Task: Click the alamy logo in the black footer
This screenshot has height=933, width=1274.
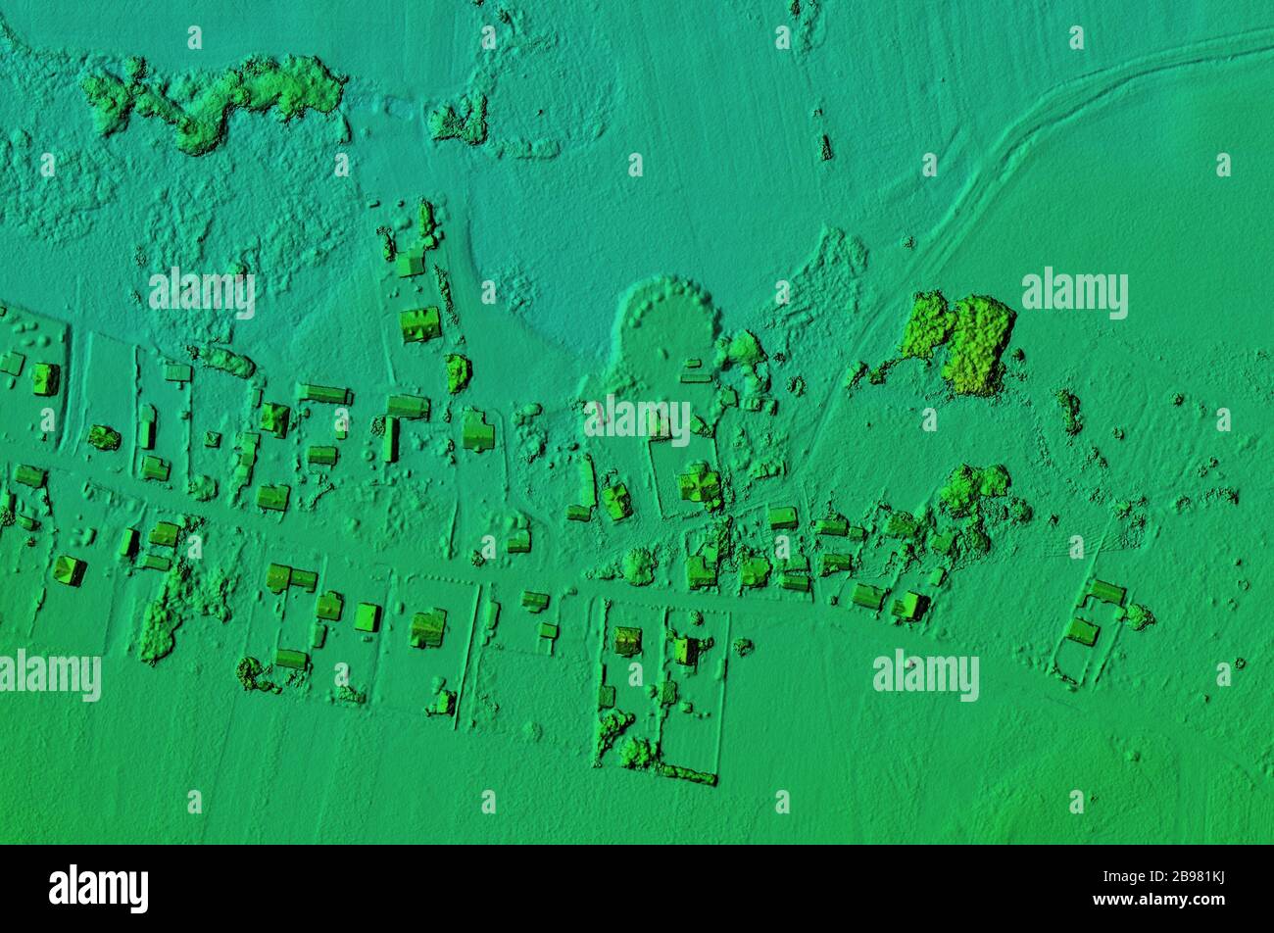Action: [x=98, y=888]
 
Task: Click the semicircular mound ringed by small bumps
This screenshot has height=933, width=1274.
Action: [x=664, y=323]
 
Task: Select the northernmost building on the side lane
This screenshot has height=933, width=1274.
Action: [x=410, y=264]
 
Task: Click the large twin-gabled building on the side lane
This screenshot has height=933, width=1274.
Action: [x=420, y=323]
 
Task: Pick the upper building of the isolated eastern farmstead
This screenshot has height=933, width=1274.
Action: [x=1105, y=591]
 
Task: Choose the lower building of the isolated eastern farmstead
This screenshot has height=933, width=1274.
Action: [x=1081, y=631]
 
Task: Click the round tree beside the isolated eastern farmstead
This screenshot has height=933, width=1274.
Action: [x=1137, y=615]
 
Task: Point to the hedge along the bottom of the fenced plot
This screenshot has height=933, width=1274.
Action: [x=685, y=774]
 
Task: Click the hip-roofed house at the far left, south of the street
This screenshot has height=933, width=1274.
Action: [x=69, y=569]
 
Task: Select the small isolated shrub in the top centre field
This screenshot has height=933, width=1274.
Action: [x=825, y=147]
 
